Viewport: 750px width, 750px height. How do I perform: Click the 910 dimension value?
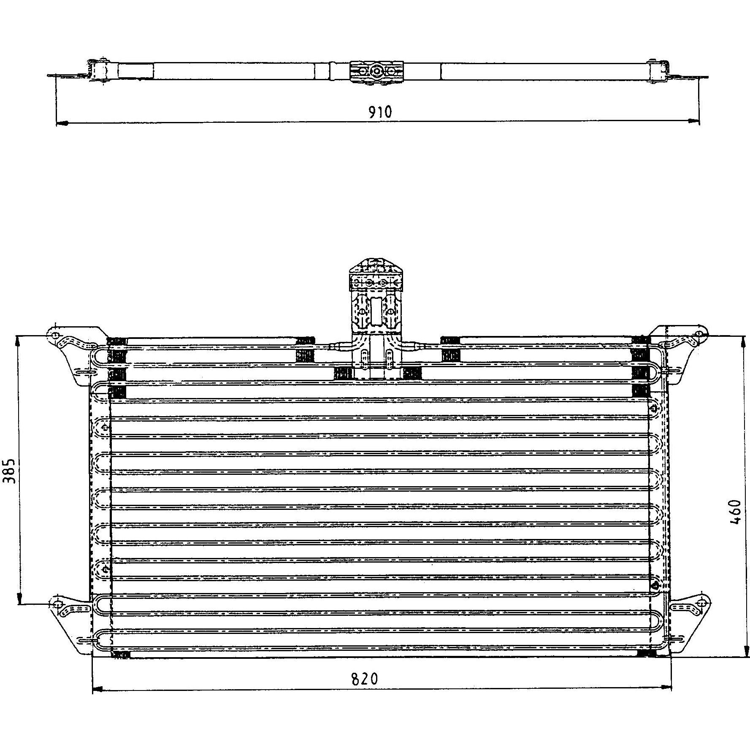tap(380, 112)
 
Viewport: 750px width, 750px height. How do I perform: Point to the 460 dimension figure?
tap(734, 512)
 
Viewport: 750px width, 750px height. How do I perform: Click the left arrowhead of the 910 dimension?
tap(62, 123)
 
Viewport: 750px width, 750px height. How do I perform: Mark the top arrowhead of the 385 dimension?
tap(19, 342)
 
